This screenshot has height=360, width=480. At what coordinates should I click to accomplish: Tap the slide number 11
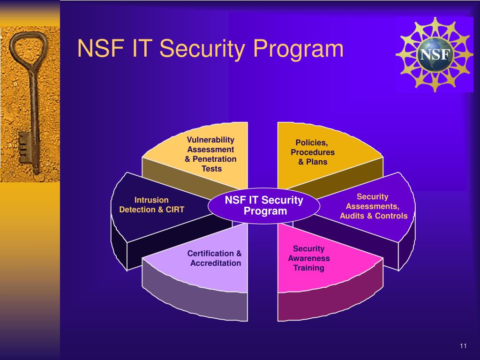click(x=463, y=346)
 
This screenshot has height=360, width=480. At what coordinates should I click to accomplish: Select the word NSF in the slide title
click(x=98, y=49)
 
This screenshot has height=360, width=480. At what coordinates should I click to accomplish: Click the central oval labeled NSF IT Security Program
click(x=264, y=206)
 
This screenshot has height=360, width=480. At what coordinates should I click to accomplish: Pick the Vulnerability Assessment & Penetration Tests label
click(x=210, y=154)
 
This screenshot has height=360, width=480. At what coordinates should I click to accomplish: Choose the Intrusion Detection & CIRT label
click(x=151, y=205)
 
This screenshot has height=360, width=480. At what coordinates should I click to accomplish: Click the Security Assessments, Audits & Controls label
click(x=373, y=206)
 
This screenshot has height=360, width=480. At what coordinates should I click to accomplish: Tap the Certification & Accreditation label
click(x=215, y=258)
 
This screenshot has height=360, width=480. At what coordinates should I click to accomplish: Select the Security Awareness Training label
click(x=308, y=258)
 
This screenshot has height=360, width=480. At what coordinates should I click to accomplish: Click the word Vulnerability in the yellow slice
click(x=210, y=140)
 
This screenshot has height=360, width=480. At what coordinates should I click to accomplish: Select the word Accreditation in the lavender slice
click(x=216, y=263)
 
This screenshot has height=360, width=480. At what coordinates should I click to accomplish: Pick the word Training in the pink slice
click(x=308, y=268)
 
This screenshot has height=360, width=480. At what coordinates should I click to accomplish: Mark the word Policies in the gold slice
click(x=311, y=142)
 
